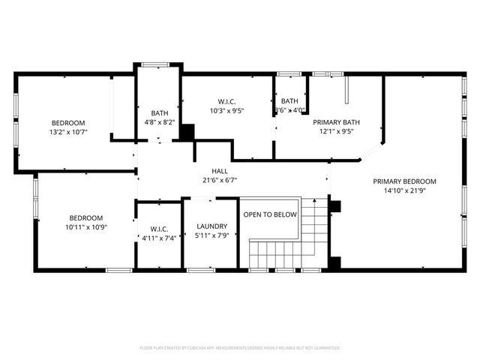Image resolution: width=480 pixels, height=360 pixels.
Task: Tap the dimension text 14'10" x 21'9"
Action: tap(404, 190)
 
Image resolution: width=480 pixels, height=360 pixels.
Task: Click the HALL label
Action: tap(219, 171)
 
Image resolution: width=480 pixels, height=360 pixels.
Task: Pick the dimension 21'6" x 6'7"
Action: tap(219, 180)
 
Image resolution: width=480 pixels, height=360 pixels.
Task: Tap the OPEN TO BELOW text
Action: tap(270, 214)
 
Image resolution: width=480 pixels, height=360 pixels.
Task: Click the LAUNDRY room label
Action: tap(211, 226)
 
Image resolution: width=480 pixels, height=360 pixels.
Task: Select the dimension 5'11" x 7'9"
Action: tap(211, 236)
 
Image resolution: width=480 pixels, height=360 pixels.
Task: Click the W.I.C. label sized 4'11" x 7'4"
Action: tap(158, 229)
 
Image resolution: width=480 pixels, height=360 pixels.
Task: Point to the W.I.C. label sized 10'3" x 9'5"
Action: tap(227, 101)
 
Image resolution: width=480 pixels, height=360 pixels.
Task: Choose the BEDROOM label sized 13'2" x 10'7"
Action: tap(68, 123)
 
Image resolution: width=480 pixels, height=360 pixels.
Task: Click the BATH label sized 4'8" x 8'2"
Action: tap(159, 113)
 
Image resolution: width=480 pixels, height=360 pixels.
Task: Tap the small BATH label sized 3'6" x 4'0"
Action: tap(289, 101)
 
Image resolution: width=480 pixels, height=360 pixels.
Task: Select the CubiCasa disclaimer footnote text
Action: tap(240, 348)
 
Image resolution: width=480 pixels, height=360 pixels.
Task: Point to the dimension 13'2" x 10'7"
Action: tap(68, 132)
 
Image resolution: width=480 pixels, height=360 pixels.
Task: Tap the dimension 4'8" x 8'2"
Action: tap(159, 122)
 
